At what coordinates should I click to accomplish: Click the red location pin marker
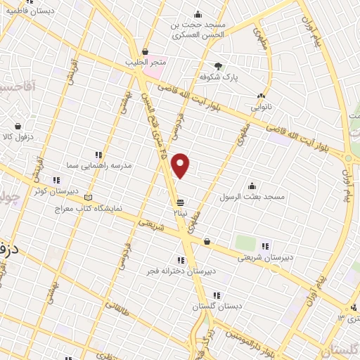pos(181,165)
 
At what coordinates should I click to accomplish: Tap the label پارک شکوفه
pos(217,77)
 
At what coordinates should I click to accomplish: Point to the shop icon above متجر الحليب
pos(146,52)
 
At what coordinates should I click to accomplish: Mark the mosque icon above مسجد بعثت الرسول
pos(252,185)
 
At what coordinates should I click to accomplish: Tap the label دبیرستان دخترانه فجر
pos(181,270)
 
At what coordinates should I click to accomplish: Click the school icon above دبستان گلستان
pos(217,296)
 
